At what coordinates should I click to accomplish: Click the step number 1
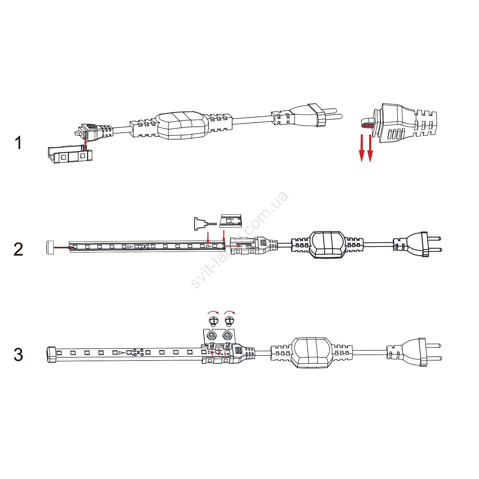[x=19, y=143]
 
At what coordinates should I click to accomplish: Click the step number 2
[x=18, y=249]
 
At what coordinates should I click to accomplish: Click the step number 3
[x=18, y=354]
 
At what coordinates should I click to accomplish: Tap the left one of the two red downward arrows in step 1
[x=361, y=148]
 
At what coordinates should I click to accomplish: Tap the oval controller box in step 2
[x=328, y=245]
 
